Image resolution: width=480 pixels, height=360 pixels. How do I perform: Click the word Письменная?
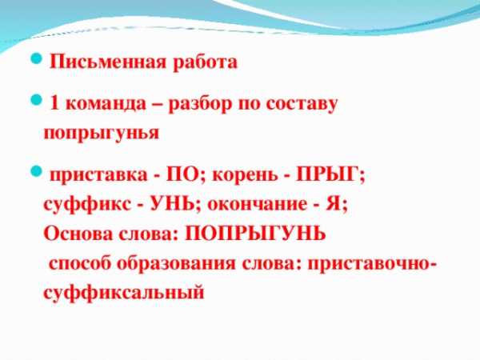pos(108,62)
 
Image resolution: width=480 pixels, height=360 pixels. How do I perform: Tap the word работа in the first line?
pos(205,62)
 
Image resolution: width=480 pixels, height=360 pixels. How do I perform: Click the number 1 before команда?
pos(54,103)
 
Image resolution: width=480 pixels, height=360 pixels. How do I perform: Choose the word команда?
pos(106,104)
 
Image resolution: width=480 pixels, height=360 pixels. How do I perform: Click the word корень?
pos(245,175)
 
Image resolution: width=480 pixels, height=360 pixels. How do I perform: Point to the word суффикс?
pos(87,205)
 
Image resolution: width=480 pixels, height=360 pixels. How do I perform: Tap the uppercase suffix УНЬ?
pos(172,203)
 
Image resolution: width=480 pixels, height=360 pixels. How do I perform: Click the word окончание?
pos(257,205)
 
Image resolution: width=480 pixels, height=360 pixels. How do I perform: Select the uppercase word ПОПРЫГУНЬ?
pos(255,234)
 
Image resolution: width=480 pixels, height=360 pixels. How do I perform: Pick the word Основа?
pos(78,234)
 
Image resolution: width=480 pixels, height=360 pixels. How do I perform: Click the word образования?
pos(176,263)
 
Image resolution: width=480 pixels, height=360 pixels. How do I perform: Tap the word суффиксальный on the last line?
pos(124,292)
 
